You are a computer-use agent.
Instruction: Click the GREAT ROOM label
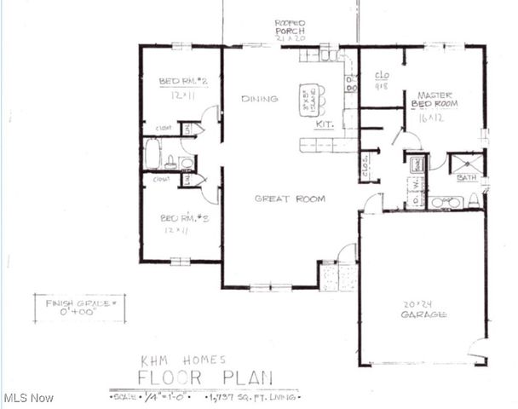(x=290, y=199)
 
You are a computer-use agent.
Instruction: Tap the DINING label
(x=259, y=99)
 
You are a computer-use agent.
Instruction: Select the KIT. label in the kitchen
(x=324, y=124)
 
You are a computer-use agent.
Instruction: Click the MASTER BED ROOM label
(x=435, y=99)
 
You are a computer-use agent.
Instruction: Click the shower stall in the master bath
(x=465, y=163)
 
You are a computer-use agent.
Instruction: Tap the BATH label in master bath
(x=467, y=178)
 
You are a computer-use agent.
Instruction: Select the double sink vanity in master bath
(x=446, y=203)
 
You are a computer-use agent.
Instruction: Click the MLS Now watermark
(x=28, y=398)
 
